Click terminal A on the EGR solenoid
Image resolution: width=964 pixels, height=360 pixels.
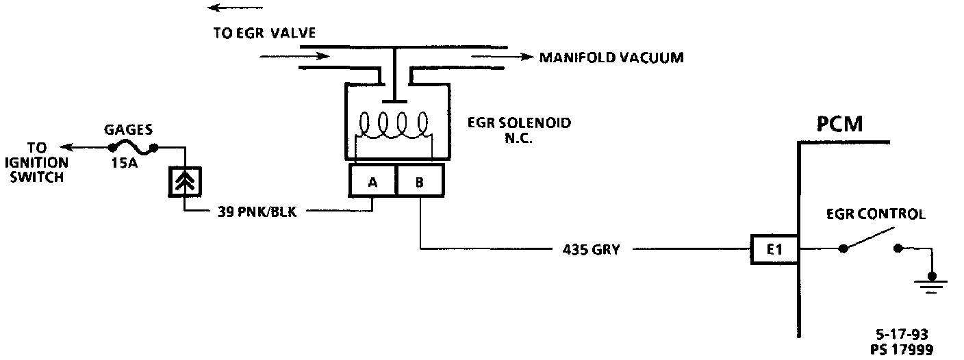(x=372, y=182)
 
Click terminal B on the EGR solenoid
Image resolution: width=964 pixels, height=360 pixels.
(x=420, y=182)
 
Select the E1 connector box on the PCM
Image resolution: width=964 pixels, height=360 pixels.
(x=774, y=250)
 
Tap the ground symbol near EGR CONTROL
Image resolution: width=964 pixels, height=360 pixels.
(x=930, y=281)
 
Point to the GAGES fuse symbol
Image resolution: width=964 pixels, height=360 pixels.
(x=133, y=147)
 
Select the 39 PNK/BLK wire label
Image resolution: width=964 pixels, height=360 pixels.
(x=259, y=211)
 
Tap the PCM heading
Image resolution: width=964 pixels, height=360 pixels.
(x=839, y=125)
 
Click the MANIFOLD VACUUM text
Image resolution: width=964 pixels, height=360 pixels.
(x=611, y=57)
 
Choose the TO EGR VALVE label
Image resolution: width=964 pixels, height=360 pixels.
(x=264, y=34)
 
